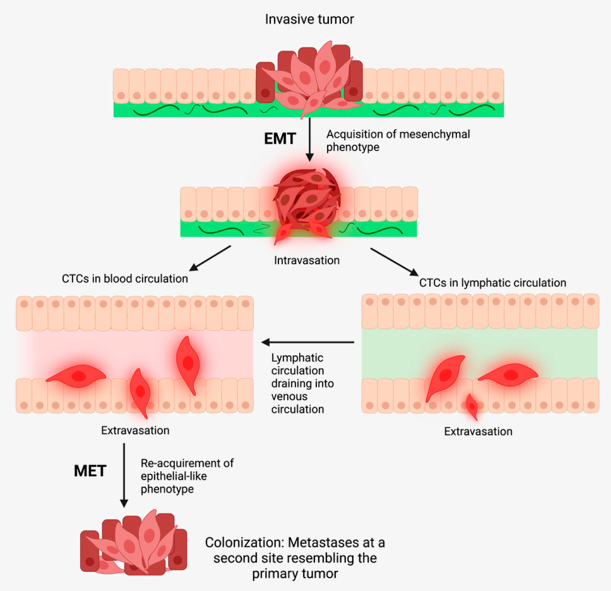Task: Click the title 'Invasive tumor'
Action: (x=309, y=19)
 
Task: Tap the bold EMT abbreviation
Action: (x=280, y=139)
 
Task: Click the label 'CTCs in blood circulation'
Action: (x=125, y=278)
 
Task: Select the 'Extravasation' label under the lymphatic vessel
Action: (x=478, y=431)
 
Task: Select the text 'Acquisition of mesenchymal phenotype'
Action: (x=398, y=140)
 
